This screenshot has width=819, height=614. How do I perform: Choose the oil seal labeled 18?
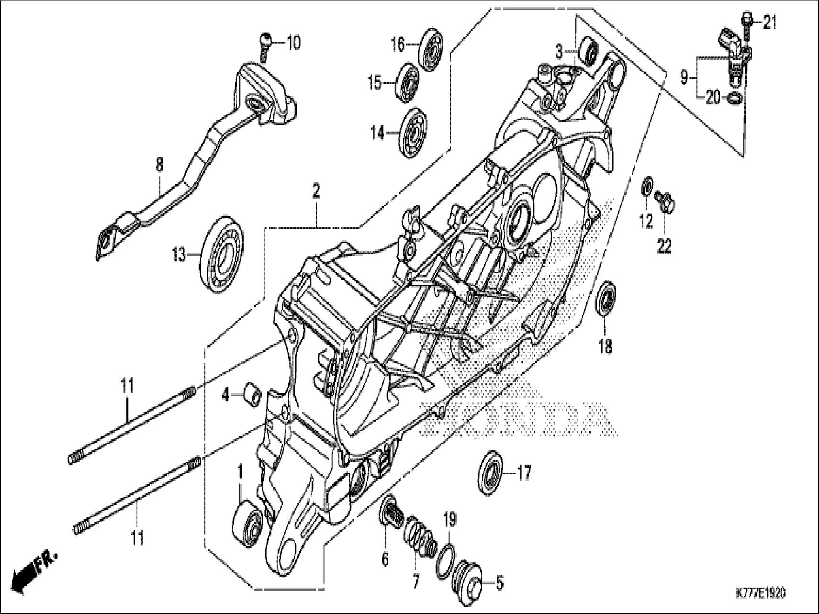606,299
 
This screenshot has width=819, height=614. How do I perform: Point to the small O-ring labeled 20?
735,98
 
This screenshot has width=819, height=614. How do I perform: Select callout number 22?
664,246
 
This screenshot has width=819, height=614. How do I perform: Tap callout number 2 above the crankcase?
315,192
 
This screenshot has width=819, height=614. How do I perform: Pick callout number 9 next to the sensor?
684,76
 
